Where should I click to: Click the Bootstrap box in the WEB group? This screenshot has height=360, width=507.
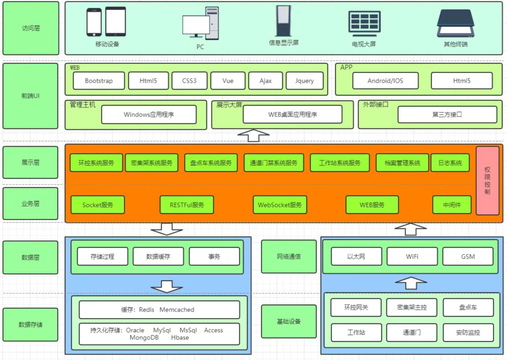click(x=99, y=81)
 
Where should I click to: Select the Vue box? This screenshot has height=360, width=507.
click(x=228, y=81)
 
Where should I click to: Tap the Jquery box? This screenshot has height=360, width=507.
click(x=305, y=81)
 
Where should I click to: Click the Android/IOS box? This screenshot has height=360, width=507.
click(x=386, y=81)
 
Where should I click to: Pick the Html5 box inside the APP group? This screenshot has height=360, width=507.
click(x=462, y=81)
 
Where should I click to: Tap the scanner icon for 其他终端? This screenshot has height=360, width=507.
click(x=455, y=24)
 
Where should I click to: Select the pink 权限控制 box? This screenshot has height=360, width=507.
click(x=487, y=180)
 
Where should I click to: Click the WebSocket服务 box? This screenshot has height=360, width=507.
click(x=280, y=205)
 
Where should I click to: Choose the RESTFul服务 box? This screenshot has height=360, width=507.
click(x=187, y=205)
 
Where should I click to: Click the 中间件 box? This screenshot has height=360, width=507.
click(x=452, y=205)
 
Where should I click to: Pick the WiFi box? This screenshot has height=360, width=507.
click(x=412, y=256)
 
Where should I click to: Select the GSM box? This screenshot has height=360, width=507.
click(x=468, y=256)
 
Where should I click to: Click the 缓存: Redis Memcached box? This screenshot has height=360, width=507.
click(x=159, y=310)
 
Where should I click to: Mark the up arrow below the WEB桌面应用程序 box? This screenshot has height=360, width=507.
click(x=254, y=135)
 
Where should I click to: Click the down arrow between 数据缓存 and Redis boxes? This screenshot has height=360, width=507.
click(x=167, y=286)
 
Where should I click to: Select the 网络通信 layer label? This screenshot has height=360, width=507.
click(x=289, y=256)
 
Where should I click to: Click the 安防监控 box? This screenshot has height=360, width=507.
click(x=468, y=333)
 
